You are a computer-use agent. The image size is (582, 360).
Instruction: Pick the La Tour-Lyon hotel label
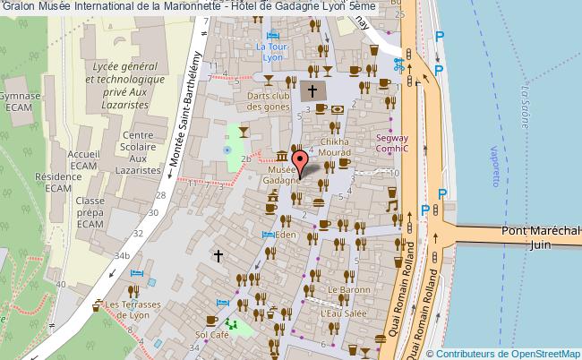(269, 52)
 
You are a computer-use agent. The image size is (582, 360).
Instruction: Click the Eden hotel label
(285, 235)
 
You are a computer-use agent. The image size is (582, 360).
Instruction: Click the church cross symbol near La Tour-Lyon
(312, 90)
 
